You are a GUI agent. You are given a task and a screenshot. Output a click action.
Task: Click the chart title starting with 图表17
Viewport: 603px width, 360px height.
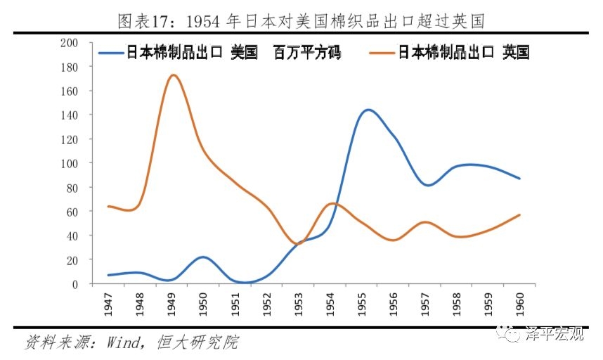[301, 20]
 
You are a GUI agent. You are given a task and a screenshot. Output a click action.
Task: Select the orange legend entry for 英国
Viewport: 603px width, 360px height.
[450, 53]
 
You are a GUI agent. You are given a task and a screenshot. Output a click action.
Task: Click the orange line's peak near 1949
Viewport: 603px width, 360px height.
[173, 75]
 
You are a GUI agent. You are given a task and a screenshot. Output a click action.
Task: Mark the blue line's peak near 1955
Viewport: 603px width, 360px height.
[368, 110]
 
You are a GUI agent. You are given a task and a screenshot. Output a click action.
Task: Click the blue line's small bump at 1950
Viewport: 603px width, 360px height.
[203, 257]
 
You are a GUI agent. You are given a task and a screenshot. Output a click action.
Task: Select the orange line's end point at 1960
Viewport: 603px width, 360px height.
[519, 214]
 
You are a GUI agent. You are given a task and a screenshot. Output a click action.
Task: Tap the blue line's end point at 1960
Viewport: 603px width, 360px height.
[519, 179]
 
